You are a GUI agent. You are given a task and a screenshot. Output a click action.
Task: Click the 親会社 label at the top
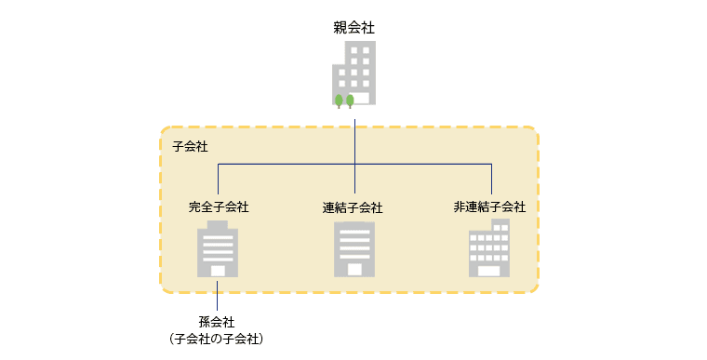[x=353, y=28]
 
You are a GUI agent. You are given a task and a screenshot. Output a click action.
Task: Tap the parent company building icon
[x=355, y=73]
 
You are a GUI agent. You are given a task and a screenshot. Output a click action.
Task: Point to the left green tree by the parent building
[x=339, y=100]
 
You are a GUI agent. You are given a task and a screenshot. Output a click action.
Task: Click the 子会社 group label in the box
[x=190, y=147]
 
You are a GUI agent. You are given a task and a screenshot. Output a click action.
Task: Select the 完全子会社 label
[x=218, y=207]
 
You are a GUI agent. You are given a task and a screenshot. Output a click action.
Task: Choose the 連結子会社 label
[x=353, y=207]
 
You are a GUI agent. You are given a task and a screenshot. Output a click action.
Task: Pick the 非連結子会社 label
[x=489, y=207]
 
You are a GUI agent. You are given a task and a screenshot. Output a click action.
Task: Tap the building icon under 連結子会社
[x=354, y=249]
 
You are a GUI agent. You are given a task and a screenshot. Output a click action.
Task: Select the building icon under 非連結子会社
[x=489, y=248]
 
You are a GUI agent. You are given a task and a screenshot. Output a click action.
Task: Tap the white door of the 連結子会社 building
[x=354, y=270]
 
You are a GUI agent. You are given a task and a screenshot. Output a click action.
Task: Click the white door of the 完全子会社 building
[x=218, y=271]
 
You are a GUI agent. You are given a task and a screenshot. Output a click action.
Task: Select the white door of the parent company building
[x=363, y=97]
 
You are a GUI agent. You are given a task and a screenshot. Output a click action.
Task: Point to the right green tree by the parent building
[x=350, y=100]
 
